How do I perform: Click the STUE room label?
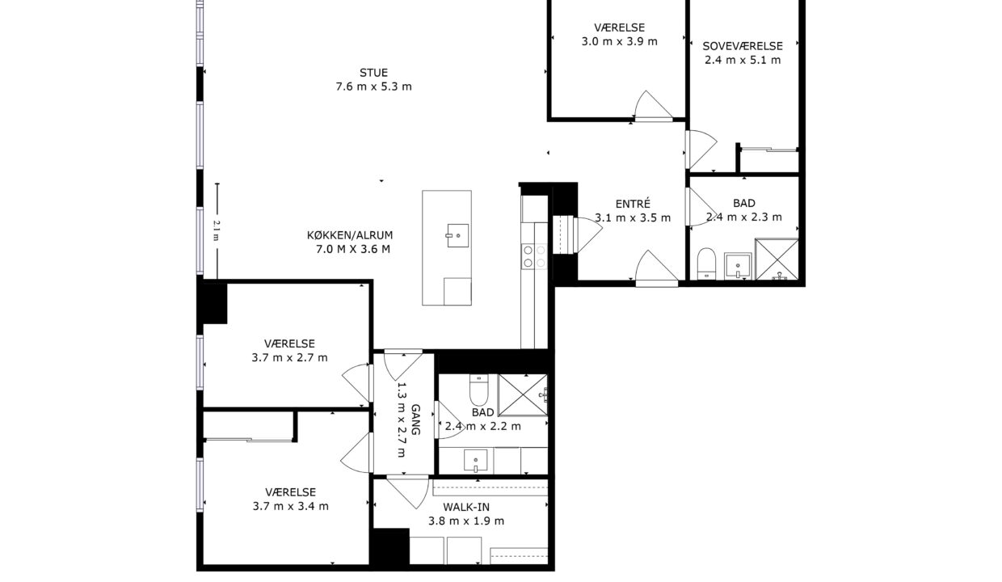click(373, 73)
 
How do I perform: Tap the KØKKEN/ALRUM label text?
click(350, 235)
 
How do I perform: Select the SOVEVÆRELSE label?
click(743, 46)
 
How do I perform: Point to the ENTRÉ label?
click(633, 204)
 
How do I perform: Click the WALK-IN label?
click(466, 507)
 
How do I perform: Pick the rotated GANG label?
click(415, 420)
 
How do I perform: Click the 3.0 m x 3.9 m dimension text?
click(620, 41)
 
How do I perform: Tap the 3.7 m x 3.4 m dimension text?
click(291, 506)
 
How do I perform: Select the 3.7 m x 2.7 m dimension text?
click(290, 357)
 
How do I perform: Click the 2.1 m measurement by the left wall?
click(216, 230)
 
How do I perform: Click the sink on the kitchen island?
click(457, 235)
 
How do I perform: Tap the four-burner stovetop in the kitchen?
click(534, 256)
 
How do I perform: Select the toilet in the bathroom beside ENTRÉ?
click(707, 264)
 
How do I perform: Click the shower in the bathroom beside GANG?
click(523, 395)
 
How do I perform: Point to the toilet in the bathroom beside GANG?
click(478, 389)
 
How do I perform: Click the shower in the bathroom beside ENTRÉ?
click(777, 259)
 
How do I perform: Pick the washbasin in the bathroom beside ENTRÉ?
click(738, 266)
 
